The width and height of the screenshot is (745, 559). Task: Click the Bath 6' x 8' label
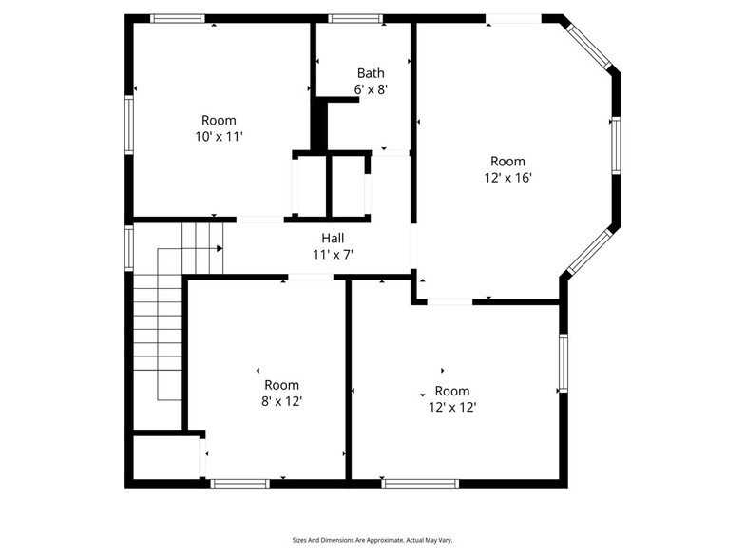(371, 81)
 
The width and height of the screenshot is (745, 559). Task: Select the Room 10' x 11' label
(219, 128)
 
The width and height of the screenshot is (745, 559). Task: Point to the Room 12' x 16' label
(507, 169)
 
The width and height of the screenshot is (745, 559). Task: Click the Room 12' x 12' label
(451, 398)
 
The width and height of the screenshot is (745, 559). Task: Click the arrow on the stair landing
(219, 248)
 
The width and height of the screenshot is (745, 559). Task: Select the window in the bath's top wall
(355, 18)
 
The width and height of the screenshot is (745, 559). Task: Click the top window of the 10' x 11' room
(178, 18)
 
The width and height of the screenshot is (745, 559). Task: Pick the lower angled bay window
(590, 250)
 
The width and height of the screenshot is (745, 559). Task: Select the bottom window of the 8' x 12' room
(239, 483)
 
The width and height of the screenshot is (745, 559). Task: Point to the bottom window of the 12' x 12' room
(420, 483)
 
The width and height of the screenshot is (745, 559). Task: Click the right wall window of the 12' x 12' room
(563, 362)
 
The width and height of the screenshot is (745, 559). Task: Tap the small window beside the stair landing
(128, 247)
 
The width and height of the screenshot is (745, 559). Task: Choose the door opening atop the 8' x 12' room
(310, 277)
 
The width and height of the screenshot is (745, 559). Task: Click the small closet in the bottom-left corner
(165, 457)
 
